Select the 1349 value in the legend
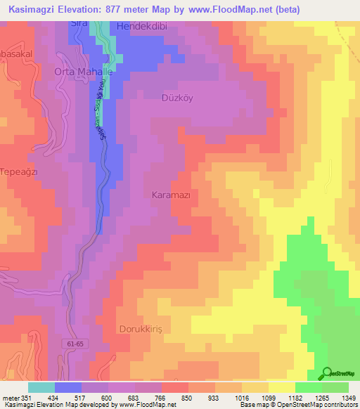(x=348, y=398)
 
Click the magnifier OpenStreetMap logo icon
(x=327, y=374)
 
